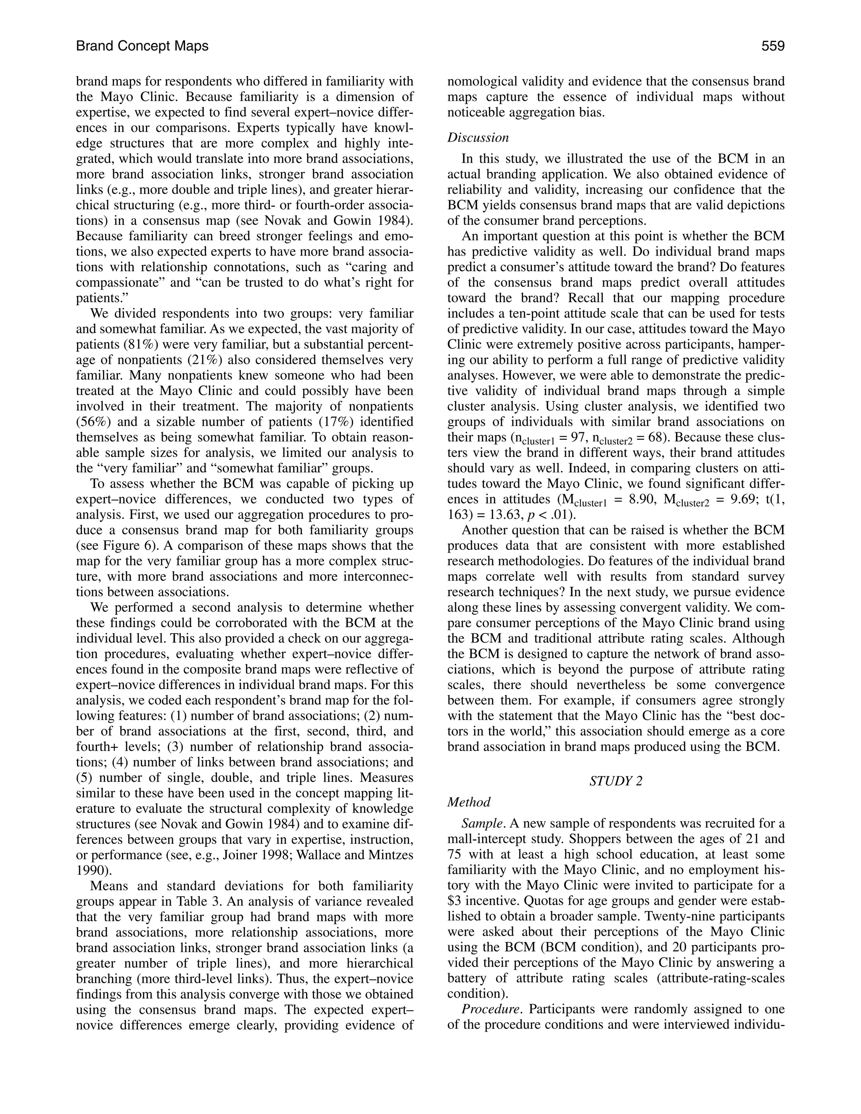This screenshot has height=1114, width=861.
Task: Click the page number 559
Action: [x=773, y=46]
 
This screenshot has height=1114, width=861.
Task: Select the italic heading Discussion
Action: [x=478, y=138]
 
